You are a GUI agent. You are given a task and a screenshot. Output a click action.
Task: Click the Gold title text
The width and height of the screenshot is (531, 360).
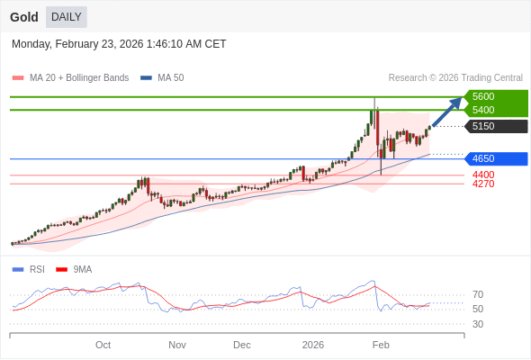(x=24, y=17)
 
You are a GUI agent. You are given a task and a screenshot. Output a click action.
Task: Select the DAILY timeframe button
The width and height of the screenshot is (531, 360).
(x=67, y=17)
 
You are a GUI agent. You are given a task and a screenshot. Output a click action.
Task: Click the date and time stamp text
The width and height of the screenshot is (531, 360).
(x=119, y=44)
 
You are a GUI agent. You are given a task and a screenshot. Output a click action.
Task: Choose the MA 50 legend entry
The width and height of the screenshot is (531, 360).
(x=163, y=78)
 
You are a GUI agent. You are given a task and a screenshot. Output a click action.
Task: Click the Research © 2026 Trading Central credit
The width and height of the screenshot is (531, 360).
(x=455, y=78)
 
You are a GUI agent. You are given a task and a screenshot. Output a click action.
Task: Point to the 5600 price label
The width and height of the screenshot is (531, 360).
(x=483, y=96)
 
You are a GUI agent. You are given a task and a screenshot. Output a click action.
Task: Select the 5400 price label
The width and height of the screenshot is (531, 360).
(x=483, y=110)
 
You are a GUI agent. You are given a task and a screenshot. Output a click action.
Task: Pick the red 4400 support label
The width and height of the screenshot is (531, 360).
(x=483, y=175)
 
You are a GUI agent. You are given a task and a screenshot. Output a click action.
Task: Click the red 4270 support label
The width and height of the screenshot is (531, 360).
(x=483, y=184)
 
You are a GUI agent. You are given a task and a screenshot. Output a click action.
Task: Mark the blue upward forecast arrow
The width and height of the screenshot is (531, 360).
(x=447, y=111)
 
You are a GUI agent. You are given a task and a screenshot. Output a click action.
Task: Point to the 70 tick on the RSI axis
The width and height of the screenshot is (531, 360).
(x=478, y=294)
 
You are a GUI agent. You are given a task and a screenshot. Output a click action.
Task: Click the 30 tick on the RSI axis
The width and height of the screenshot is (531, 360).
(x=478, y=324)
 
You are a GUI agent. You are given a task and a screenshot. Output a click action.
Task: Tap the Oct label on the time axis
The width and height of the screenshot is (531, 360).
(x=103, y=345)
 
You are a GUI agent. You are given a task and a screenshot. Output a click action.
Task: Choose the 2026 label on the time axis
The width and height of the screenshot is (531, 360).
(x=313, y=345)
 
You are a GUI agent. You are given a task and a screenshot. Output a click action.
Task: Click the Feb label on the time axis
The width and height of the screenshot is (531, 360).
(x=381, y=345)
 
